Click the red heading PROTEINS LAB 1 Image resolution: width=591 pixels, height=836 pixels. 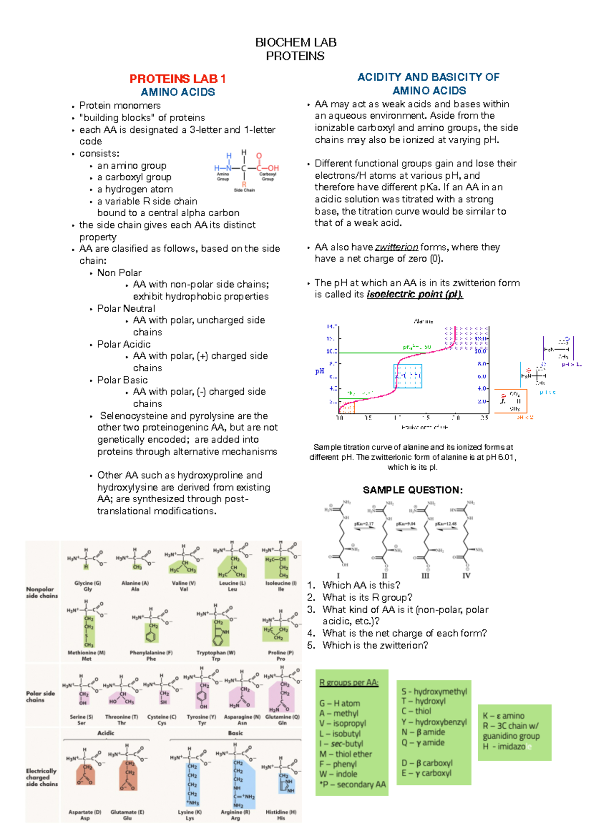[177, 79]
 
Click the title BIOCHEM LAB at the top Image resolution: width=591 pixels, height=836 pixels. [295, 42]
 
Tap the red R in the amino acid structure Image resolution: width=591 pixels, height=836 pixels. [244, 185]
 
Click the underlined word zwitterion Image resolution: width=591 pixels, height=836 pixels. [396, 247]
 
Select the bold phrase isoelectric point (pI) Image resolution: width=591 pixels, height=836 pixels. [415, 294]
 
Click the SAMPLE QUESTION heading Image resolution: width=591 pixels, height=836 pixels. [413, 490]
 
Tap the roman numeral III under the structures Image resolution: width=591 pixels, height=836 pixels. [425, 575]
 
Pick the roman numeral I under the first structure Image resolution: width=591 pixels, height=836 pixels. [338, 575]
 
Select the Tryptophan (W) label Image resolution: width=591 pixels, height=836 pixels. [216, 652]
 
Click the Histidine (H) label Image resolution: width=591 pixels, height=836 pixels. [281, 812]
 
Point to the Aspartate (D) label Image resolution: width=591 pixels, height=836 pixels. [85, 812]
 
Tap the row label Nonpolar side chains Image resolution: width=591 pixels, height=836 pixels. [42, 592]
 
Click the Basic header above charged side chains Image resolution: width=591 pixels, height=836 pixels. [235, 733]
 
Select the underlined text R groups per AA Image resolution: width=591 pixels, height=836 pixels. [349, 682]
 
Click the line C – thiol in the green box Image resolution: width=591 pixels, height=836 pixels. [416, 711]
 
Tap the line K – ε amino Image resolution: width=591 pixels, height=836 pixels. [503, 716]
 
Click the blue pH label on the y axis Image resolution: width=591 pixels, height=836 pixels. [320, 371]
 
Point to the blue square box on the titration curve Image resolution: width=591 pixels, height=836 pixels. [408, 376]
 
